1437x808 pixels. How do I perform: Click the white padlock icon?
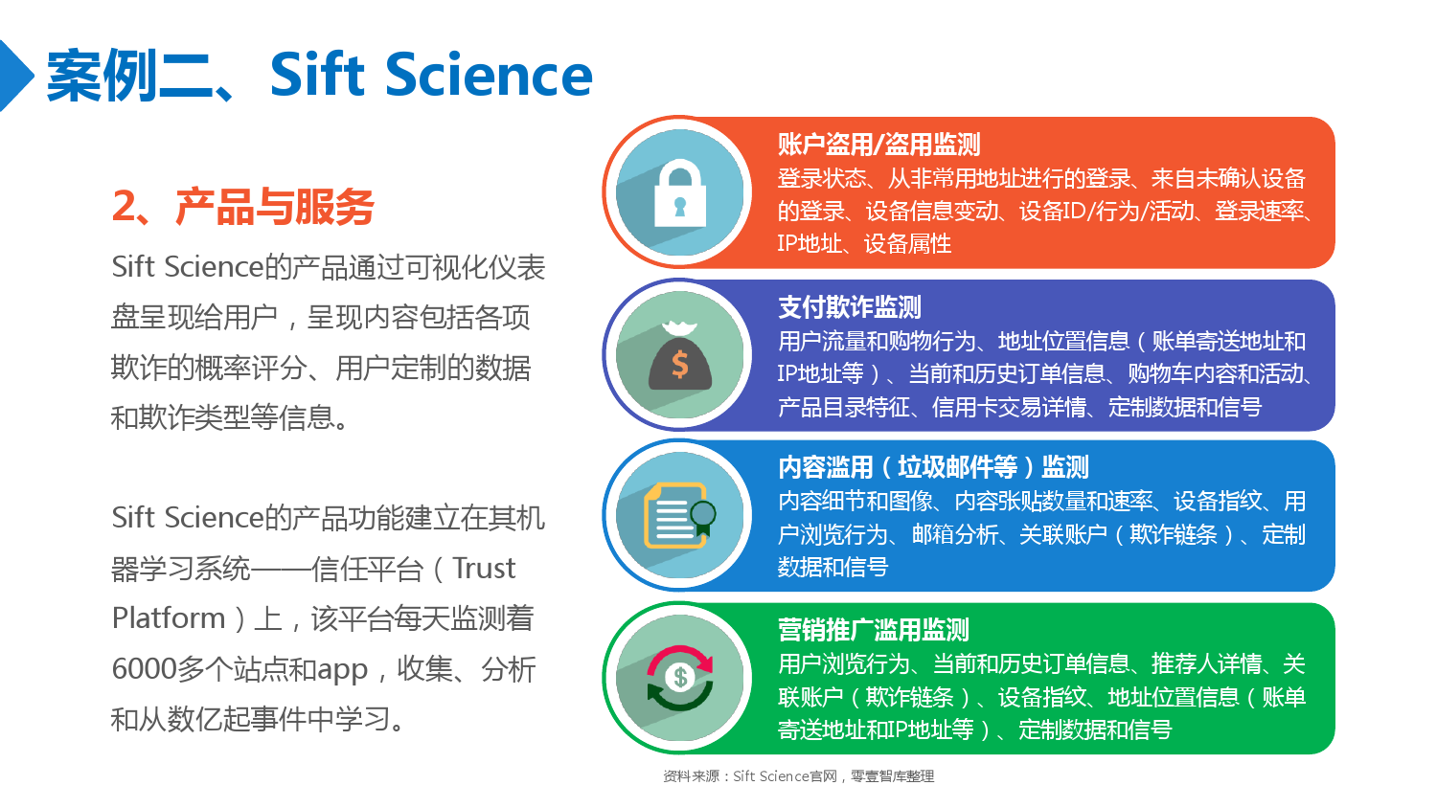(x=680, y=193)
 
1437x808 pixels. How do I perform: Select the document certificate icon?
(x=679, y=516)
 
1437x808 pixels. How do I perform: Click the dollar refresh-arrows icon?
(x=680, y=678)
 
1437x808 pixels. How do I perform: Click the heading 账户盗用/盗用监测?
(x=878, y=145)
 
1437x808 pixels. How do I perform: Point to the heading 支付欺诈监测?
(x=850, y=307)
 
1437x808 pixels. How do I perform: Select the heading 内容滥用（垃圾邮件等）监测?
(x=933, y=467)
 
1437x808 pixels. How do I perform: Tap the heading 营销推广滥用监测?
(x=873, y=630)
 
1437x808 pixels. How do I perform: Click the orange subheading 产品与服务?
(x=275, y=207)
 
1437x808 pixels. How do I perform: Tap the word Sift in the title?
(x=317, y=75)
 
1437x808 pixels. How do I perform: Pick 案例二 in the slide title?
(x=129, y=76)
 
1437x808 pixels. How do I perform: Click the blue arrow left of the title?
(x=14, y=76)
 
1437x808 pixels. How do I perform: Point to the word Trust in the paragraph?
(x=484, y=568)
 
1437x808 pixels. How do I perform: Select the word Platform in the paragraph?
(x=169, y=618)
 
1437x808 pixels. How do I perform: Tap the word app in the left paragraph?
(x=343, y=671)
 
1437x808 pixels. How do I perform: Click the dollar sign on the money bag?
(x=680, y=364)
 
